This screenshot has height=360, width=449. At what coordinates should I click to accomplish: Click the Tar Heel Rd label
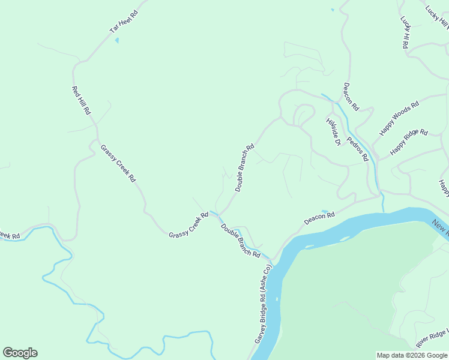[x=123, y=21]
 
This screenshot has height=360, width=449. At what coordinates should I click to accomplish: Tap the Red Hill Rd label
[x=81, y=100]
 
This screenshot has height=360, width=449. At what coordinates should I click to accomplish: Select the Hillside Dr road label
[x=333, y=131]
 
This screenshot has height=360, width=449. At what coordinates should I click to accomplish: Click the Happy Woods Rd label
[x=399, y=118]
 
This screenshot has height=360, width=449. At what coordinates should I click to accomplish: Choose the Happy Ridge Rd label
[x=409, y=142]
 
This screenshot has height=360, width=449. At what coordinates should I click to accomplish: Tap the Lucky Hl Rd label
[x=405, y=31]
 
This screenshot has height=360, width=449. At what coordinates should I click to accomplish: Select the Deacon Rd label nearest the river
[x=319, y=217]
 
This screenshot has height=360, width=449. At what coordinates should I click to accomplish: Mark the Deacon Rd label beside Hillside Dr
[x=351, y=97]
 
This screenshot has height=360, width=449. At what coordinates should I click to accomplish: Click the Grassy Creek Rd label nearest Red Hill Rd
[x=118, y=163]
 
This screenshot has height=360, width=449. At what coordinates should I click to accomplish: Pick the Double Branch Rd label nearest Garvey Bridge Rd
[x=240, y=241]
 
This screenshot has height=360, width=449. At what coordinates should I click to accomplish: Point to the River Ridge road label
[x=432, y=338]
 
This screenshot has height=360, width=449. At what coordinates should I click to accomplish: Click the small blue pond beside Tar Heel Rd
[x=117, y=40]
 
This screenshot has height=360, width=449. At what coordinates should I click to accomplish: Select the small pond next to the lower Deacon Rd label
[x=325, y=211]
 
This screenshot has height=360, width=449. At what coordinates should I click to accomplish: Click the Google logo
[x=20, y=353]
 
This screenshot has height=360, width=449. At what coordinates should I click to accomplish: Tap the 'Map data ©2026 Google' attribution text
[x=412, y=355]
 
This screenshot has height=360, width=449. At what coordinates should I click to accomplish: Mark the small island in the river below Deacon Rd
[x=309, y=246]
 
